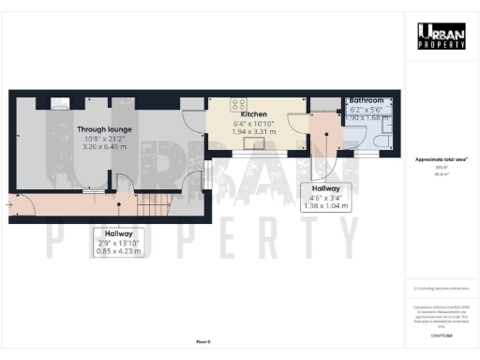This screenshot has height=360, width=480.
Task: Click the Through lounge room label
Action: [x=105, y=128]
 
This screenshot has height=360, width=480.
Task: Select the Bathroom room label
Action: [x=367, y=99]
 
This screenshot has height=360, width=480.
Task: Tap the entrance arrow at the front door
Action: [x=9, y=201]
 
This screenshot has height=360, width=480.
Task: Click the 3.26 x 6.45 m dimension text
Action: [x=105, y=147]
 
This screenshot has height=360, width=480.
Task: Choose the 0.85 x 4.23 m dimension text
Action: [x=118, y=250]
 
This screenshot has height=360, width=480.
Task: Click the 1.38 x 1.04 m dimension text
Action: [x=325, y=205]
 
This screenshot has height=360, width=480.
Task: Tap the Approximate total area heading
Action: [x=441, y=159]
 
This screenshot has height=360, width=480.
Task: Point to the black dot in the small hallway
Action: [x=326, y=133]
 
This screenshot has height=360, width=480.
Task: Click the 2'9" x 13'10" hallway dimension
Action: [x=118, y=242]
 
